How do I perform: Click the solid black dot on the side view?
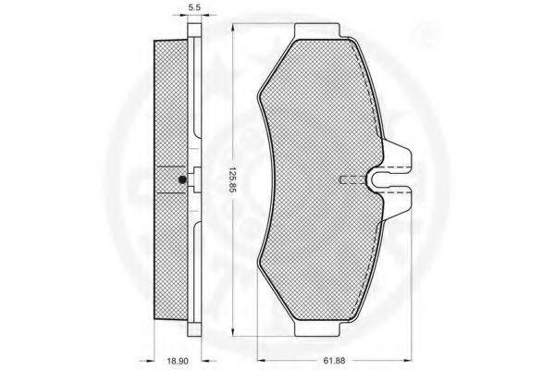click(x=183, y=179)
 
